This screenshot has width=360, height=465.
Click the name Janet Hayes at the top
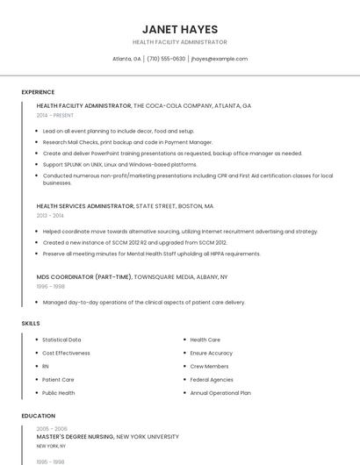[x=179, y=29]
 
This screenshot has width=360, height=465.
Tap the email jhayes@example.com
[x=219, y=59]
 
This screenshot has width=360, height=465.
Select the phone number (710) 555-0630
[x=166, y=59]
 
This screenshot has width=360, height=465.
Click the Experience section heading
[x=38, y=92]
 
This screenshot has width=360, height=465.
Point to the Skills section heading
[x=31, y=324]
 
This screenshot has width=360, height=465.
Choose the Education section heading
[x=38, y=416]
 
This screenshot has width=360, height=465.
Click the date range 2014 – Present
[x=54, y=115]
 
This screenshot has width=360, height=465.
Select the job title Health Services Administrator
[x=85, y=206]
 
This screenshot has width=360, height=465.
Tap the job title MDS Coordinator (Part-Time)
[x=83, y=276]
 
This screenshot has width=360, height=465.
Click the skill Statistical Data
[x=61, y=340]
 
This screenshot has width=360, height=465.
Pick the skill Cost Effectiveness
[x=66, y=353]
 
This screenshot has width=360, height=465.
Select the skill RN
[x=46, y=366]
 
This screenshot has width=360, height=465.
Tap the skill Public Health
[x=59, y=393]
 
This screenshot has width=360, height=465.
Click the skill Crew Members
[x=209, y=366]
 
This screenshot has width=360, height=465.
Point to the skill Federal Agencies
[x=212, y=380]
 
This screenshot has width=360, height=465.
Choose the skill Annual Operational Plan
[x=220, y=393]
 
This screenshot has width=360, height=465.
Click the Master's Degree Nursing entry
[x=76, y=436]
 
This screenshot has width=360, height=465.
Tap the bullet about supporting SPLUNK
[x=119, y=164]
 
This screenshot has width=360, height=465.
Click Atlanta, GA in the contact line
[x=126, y=59]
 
